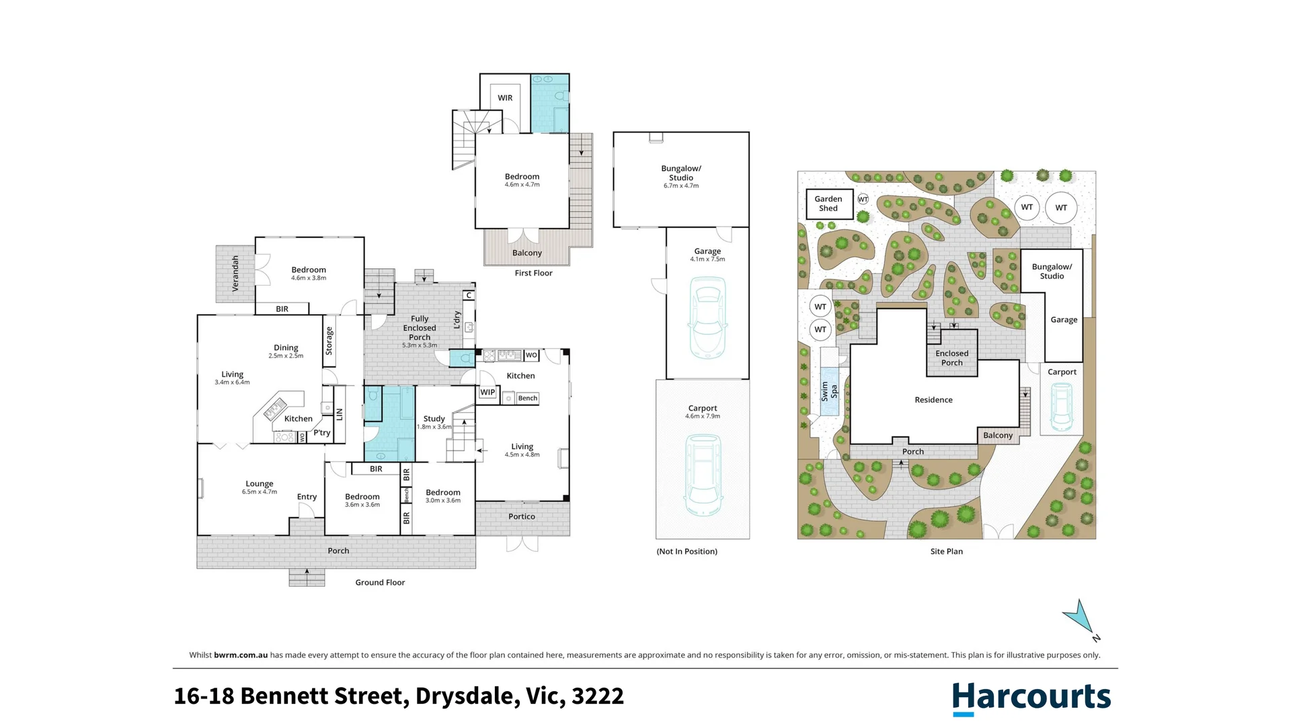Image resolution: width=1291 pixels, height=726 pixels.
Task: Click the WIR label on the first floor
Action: (505, 98)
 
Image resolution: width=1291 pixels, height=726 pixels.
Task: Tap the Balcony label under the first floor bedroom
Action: (526, 253)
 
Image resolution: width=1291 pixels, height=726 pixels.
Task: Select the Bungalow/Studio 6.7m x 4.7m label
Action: (680, 176)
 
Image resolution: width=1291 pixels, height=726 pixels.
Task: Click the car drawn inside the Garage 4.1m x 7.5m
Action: (707, 319)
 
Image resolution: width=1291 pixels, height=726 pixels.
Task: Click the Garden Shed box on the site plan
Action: (828, 204)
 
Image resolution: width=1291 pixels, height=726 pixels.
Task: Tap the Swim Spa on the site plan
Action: (829, 391)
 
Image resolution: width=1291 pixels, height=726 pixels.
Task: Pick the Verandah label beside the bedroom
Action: (235, 274)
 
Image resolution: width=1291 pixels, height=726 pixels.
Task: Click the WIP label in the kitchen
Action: (487, 393)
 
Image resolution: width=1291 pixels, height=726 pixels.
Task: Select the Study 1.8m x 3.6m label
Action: (434, 421)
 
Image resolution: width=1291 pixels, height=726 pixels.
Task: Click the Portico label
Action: (522, 517)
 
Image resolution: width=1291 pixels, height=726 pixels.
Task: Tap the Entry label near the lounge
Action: (307, 497)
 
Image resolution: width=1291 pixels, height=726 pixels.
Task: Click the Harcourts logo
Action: (1031, 697)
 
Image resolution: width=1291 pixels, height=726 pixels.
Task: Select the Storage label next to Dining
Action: (329, 341)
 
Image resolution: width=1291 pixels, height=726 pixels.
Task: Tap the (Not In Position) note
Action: (687, 551)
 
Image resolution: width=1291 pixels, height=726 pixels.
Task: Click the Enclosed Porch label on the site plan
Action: (951, 358)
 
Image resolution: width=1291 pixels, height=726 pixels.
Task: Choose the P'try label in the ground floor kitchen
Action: (322, 433)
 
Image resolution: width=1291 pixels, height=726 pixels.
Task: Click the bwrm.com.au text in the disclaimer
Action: (241, 655)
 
